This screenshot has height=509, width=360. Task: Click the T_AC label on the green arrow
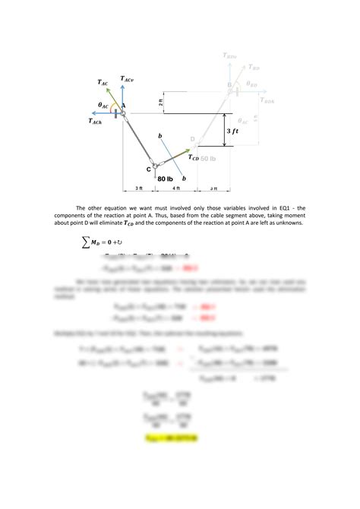(102, 83)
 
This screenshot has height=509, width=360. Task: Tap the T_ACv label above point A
(126, 81)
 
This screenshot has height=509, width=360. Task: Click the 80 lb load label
(166, 179)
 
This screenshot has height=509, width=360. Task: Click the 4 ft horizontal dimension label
(175, 188)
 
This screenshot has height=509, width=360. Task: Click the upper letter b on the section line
(159, 135)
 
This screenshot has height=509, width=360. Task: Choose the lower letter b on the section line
(184, 177)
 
